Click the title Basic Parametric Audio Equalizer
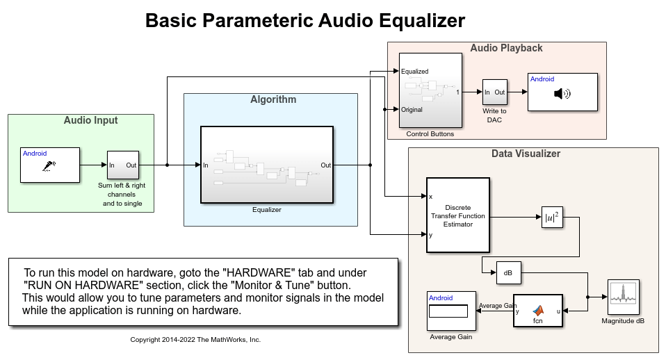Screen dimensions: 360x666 click(x=304, y=21)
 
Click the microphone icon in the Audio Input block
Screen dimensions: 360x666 click(x=49, y=166)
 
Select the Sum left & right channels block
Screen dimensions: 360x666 click(x=123, y=165)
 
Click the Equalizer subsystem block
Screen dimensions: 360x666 click(x=267, y=165)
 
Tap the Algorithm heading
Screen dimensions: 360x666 click(x=273, y=99)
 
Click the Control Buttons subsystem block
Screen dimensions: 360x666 click(x=430, y=90)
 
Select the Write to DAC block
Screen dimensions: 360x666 click(x=494, y=92)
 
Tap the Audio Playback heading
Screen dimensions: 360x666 click(x=506, y=48)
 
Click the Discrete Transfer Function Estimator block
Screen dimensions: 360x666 click(x=457, y=215)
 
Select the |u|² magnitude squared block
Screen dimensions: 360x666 click(x=552, y=218)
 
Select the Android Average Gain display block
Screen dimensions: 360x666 click(x=452, y=311)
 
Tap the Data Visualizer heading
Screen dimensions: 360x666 click(x=525, y=154)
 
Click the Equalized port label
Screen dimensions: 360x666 click(x=415, y=72)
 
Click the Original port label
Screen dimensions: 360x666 click(x=412, y=109)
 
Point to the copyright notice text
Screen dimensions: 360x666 click(x=195, y=340)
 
